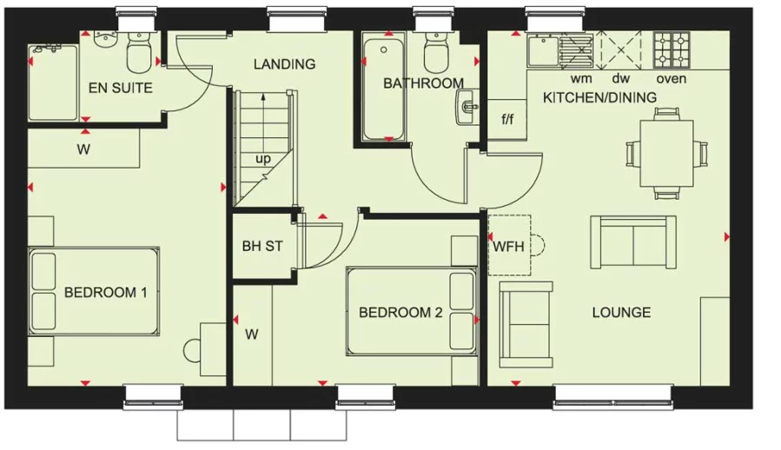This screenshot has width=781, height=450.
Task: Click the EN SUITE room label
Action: point(121,89)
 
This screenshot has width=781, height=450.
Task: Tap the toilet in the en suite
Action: point(139,52)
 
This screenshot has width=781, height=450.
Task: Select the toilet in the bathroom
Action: point(437,52)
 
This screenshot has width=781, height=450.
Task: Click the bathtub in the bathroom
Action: point(383,89)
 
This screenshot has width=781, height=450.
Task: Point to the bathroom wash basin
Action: point(467,107)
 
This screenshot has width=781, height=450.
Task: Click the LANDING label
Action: point(284,64)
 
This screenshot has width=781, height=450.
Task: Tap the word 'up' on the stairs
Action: point(263,159)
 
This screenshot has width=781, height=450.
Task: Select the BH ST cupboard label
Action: point(262,246)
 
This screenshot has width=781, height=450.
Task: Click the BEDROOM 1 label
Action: point(106,292)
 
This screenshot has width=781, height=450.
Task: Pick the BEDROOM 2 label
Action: point(400,313)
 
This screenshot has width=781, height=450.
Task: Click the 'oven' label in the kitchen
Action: point(671,79)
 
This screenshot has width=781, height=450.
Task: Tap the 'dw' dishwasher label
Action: point(621,78)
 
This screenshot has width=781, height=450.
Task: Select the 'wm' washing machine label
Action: point(581,79)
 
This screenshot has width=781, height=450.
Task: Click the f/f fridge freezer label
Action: point(507,120)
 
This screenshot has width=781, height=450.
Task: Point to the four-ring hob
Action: point(672,50)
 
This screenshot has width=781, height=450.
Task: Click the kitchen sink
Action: point(544,50)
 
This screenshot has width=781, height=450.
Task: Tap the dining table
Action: point(666,154)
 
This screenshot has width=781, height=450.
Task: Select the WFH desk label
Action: point(508,246)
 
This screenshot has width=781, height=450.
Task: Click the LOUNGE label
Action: point(621,313)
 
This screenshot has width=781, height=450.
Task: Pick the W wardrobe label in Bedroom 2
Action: point(252,334)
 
